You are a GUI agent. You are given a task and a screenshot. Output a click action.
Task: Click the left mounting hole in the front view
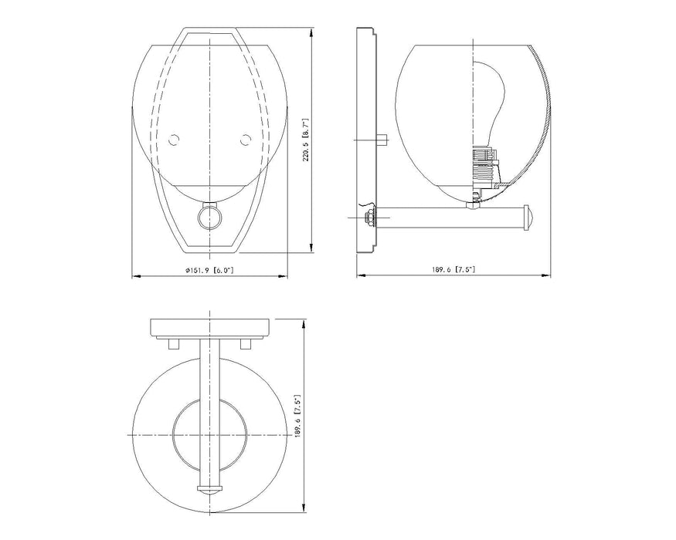click(174, 140)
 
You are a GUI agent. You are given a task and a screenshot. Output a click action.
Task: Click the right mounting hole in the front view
click(246, 140)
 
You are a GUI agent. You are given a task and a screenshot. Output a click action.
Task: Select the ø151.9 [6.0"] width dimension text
click(209, 270)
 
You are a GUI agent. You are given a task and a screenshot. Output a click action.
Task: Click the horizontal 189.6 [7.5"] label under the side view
click(453, 270)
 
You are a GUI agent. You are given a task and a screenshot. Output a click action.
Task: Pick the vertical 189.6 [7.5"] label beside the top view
click(298, 417)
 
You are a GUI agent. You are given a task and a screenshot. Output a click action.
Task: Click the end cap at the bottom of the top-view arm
click(209, 490)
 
